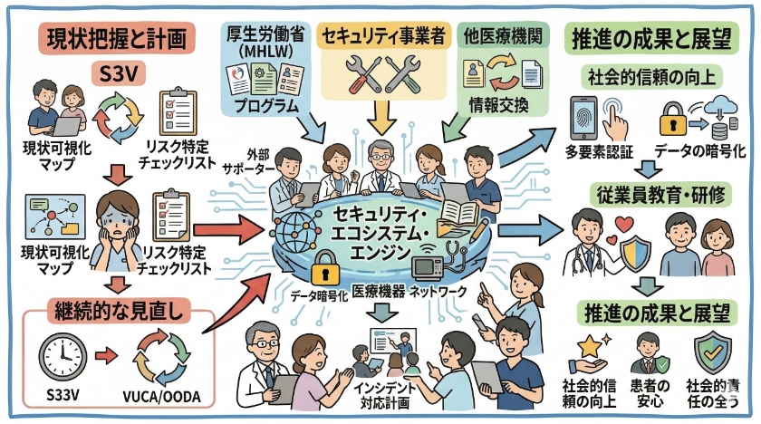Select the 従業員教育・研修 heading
(657, 193)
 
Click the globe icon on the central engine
(294, 227)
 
